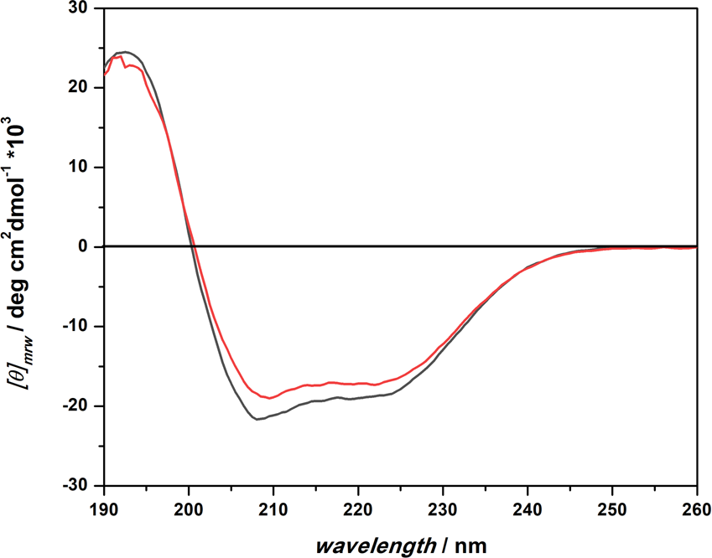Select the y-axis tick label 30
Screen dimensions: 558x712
pos(81,9)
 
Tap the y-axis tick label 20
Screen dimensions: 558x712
pos(81,88)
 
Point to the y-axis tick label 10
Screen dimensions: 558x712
pos(81,168)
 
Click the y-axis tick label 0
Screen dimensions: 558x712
pos(86,247)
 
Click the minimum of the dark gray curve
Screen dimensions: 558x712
pos(257,419)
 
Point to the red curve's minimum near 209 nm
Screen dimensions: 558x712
pos(269,398)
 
